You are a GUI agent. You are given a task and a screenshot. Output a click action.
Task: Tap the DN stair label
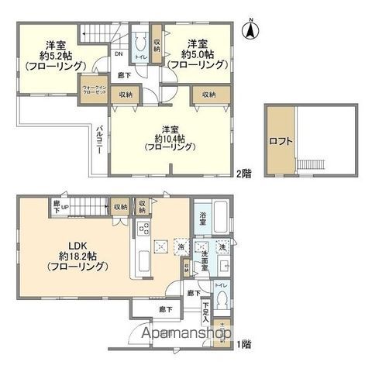119,54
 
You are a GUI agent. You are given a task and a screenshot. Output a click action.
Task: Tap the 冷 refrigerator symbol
179,247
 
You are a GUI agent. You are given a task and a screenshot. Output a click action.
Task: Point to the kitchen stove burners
143,229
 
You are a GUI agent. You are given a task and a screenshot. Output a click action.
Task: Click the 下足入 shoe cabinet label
205,312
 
